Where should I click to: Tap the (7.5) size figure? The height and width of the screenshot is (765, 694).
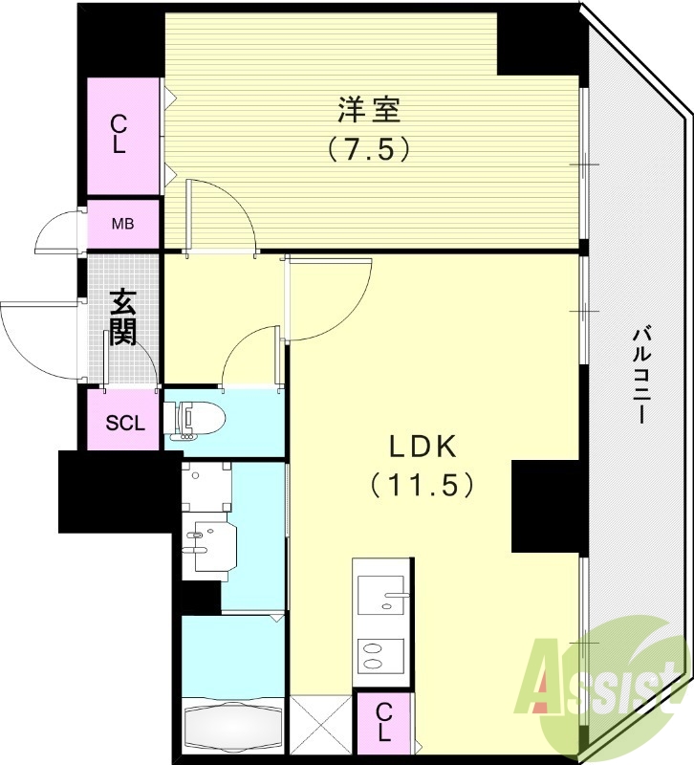(x=369, y=149)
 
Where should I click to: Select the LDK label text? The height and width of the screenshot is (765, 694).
(x=423, y=446)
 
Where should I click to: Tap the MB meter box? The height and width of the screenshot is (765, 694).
(x=123, y=226)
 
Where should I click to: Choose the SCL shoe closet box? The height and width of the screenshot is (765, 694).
(x=124, y=421)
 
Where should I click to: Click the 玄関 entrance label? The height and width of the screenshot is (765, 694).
(x=122, y=317)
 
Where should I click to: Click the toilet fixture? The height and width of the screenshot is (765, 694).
(x=196, y=417)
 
